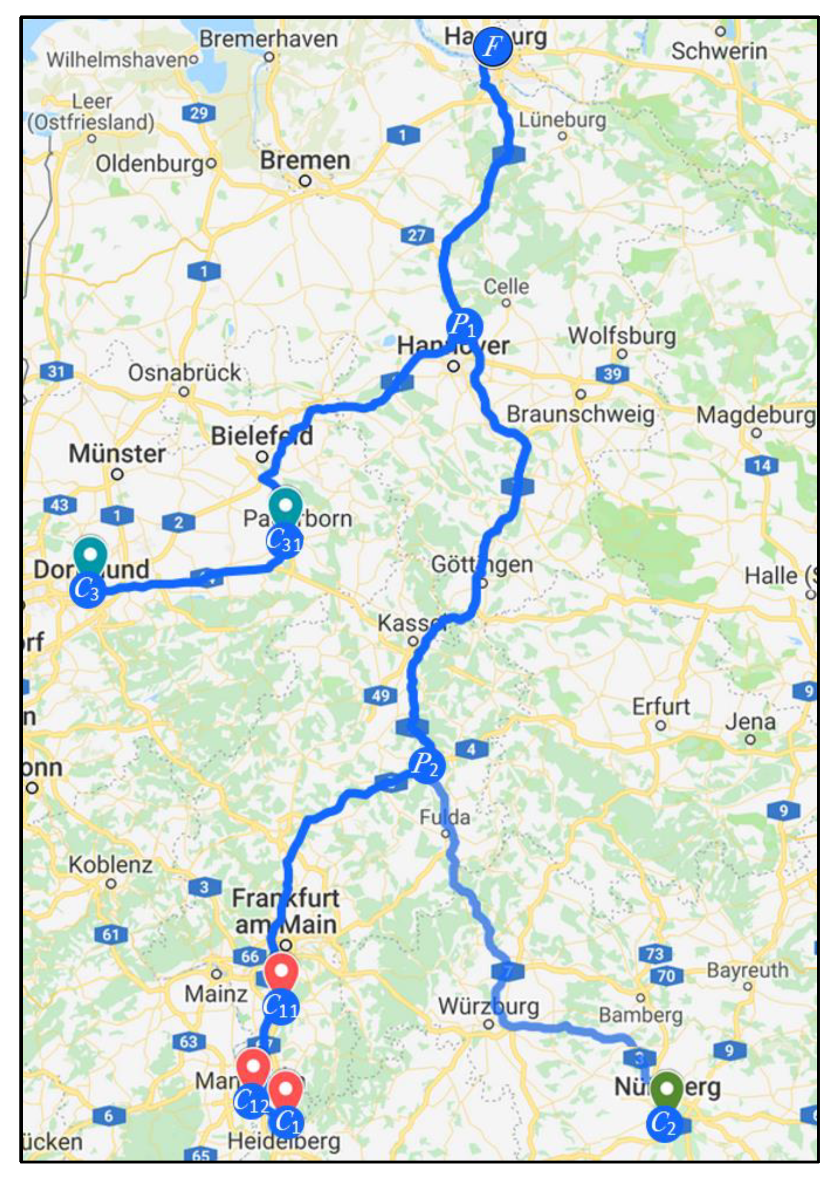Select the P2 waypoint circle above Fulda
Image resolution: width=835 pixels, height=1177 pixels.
(427, 766)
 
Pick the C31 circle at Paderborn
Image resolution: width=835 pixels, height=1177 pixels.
(284, 540)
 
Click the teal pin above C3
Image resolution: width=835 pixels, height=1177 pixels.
(90, 556)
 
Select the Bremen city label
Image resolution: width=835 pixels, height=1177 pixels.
(305, 161)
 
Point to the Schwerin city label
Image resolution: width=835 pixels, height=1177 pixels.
(719, 51)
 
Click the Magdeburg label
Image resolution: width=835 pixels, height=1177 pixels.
(755, 415)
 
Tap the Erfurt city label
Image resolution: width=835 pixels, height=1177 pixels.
(661, 707)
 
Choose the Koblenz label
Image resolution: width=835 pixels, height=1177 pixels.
(110, 865)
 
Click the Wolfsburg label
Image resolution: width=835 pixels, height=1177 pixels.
(622, 336)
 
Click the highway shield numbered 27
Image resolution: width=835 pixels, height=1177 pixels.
(417, 235)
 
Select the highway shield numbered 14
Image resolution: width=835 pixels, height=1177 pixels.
(761, 466)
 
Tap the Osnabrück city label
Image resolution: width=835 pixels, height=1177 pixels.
(184, 373)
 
